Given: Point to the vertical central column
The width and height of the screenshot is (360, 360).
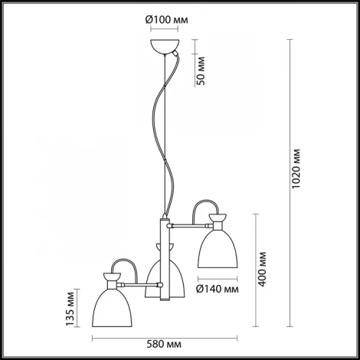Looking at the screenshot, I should [162, 260].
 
